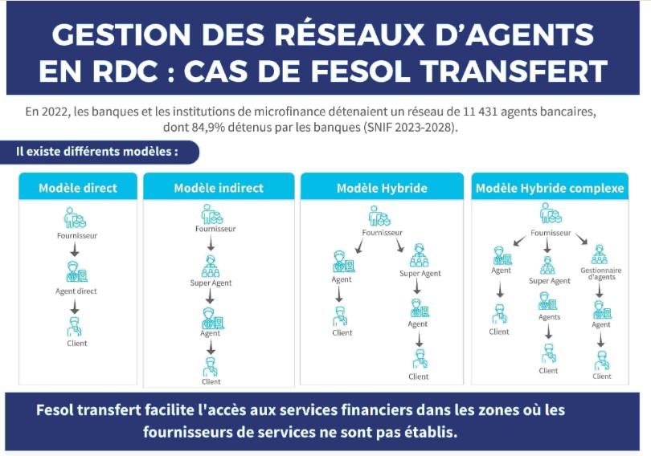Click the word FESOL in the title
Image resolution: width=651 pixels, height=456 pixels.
pyautogui.click(x=361, y=71)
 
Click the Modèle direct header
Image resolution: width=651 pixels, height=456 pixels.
pyautogui.click(x=78, y=188)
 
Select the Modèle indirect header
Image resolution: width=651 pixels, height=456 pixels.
pyautogui.click(x=219, y=188)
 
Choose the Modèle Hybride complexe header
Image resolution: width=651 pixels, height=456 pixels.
pyautogui.click(x=550, y=188)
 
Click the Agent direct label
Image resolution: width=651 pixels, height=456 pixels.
pyautogui.click(x=76, y=291)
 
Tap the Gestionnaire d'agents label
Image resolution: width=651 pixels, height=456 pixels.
pyautogui.click(x=601, y=274)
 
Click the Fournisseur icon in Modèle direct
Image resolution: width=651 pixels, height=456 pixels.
pyautogui.click(x=76, y=218)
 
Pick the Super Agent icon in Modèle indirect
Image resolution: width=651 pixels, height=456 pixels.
pyautogui.click(x=211, y=267)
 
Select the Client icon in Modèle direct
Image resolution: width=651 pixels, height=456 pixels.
pyautogui.click(x=75, y=328)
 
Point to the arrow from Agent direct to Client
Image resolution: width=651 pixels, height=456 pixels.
pyautogui.click(x=75, y=307)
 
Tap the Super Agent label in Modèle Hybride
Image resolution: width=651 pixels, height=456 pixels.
pyautogui.click(x=420, y=274)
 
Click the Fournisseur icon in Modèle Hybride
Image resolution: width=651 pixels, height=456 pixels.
pyautogui.click(x=379, y=216)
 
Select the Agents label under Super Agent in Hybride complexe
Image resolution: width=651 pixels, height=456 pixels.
pyautogui.click(x=549, y=317)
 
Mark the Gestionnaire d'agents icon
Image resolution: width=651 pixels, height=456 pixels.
pyautogui.click(x=600, y=255)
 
